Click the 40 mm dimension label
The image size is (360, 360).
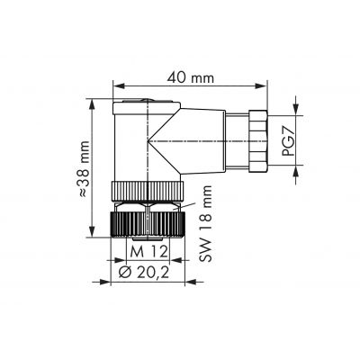(191, 78)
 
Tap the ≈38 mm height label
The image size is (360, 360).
(84, 168)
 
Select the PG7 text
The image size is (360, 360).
(287, 141)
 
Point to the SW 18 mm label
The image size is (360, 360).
(205, 224)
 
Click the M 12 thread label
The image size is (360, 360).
(149, 251)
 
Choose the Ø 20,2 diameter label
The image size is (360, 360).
(144, 272)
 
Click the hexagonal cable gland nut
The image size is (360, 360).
(257, 141)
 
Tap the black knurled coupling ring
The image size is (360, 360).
(148, 225)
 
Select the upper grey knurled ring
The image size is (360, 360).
(148, 192)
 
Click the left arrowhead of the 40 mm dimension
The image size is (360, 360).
(119, 86)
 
